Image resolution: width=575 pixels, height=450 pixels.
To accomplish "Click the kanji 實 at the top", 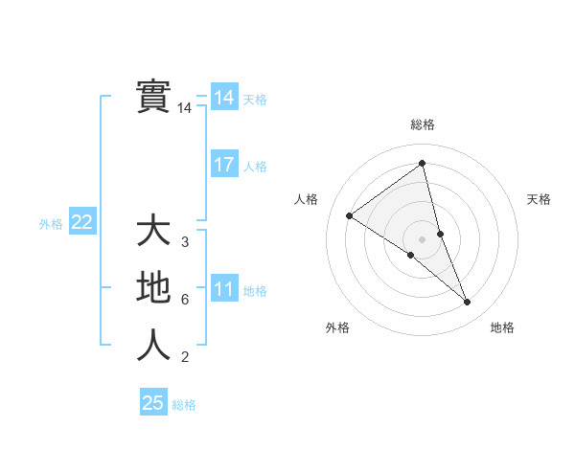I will pos(153,96).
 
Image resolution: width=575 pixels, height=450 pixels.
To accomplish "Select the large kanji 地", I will pos(153,288).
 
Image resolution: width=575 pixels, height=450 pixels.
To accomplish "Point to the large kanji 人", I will pos(153,346).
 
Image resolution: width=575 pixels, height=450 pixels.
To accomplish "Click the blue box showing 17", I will pos(224,165).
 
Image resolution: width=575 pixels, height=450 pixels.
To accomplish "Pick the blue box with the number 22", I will pos(82,223).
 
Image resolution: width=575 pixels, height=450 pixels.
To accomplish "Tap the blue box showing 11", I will pos(224,289).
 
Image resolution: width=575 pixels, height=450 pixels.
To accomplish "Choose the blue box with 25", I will pos(153,403).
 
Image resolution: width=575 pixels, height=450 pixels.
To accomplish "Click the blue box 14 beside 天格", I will pos(224,98).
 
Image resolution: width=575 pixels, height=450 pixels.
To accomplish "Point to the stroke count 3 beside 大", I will pos(185,242).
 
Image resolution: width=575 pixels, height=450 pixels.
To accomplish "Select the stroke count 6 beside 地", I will pos(185,300).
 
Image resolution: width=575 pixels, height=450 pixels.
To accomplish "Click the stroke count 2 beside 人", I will pos(185,357).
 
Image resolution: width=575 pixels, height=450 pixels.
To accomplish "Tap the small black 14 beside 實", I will pos(185,108).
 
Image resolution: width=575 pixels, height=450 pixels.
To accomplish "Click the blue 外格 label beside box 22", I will pos(51,224).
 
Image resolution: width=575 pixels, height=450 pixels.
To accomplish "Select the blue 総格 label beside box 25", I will pos(184,405).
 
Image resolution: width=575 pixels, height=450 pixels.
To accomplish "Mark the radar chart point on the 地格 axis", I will pos(468,303).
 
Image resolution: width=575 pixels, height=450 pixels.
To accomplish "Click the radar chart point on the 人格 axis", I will pos(350,215).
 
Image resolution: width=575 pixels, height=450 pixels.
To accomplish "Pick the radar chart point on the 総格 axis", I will pos(422,164).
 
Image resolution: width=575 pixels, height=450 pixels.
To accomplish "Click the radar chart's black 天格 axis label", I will pos(540,199).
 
